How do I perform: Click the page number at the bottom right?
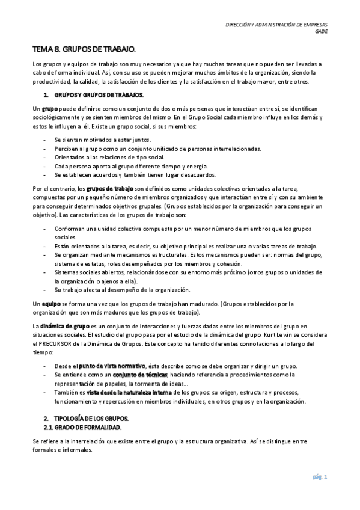[x=319, y=478]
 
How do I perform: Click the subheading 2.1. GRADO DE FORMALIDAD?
[x=82, y=427]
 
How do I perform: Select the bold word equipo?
[x=50, y=304]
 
